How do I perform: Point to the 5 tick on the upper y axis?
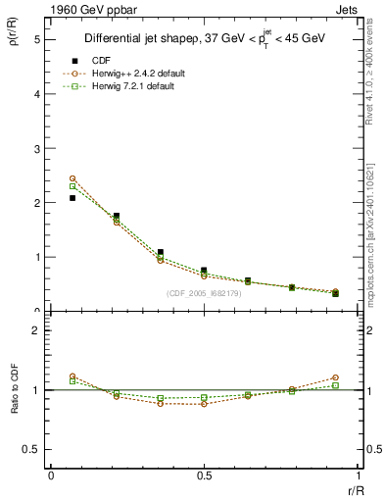36,40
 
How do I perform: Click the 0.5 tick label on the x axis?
203,476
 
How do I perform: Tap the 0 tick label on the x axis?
50,476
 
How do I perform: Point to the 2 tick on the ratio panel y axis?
36,330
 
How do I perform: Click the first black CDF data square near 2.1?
72,198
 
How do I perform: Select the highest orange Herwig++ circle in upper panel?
72,178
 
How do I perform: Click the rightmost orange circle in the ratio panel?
335,377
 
